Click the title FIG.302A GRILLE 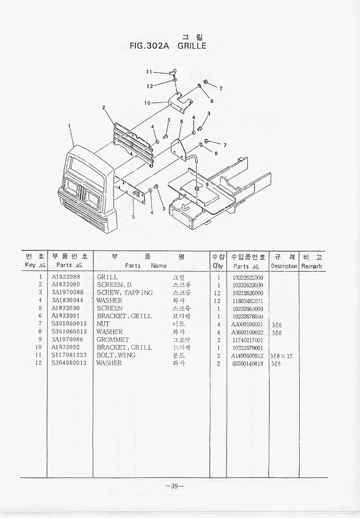coord(168,46)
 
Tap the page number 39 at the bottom coord(173,486)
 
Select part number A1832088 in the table coord(65,277)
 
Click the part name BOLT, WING coord(116,355)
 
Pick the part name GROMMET coord(113,340)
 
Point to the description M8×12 coord(281,356)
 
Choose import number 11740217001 coord(247,340)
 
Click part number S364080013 coord(69,363)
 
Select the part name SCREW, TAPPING coord(124,292)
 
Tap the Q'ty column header coord(218,266)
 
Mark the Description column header coord(284,266)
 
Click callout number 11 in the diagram coord(150,71)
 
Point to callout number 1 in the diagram coord(69,125)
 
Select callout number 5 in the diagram coord(133,217)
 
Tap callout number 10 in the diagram coord(147,103)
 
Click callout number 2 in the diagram coord(103,107)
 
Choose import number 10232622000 coord(247,277)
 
